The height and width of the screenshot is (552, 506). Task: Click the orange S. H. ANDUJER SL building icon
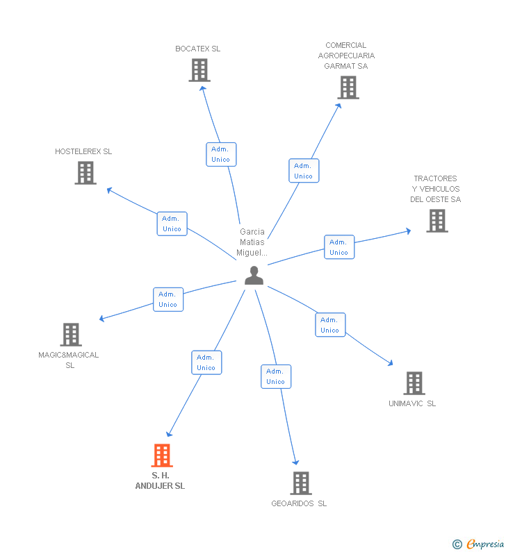click(162, 455)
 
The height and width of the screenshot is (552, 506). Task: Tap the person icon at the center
click(254, 276)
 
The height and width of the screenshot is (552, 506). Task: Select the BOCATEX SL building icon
click(199, 70)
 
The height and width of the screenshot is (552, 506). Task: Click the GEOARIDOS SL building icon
click(300, 483)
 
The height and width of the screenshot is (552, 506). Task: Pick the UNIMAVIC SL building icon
click(414, 383)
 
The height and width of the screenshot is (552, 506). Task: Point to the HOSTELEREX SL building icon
click(85, 173)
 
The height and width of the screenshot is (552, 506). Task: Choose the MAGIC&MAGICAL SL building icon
click(70, 334)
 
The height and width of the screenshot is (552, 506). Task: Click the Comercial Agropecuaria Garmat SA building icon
click(348, 87)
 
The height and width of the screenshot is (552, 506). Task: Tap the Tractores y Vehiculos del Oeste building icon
click(436, 221)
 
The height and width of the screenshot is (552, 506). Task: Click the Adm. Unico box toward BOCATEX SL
click(221, 154)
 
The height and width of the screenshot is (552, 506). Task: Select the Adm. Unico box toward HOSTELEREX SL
click(172, 224)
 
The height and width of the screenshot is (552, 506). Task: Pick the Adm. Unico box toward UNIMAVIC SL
click(330, 325)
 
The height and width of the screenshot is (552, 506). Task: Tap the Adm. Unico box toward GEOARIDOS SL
click(276, 376)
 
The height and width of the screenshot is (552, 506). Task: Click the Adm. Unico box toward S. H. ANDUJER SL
click(206, 362)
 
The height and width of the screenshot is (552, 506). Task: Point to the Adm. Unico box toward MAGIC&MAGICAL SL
click(168, 299)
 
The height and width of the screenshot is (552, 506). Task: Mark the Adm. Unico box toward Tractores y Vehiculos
click(339, 247)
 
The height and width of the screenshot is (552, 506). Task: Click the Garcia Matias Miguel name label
click(252, 242)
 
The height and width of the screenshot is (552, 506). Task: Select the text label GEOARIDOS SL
click(299, 503)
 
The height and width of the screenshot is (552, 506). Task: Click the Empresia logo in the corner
click(479, 544)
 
